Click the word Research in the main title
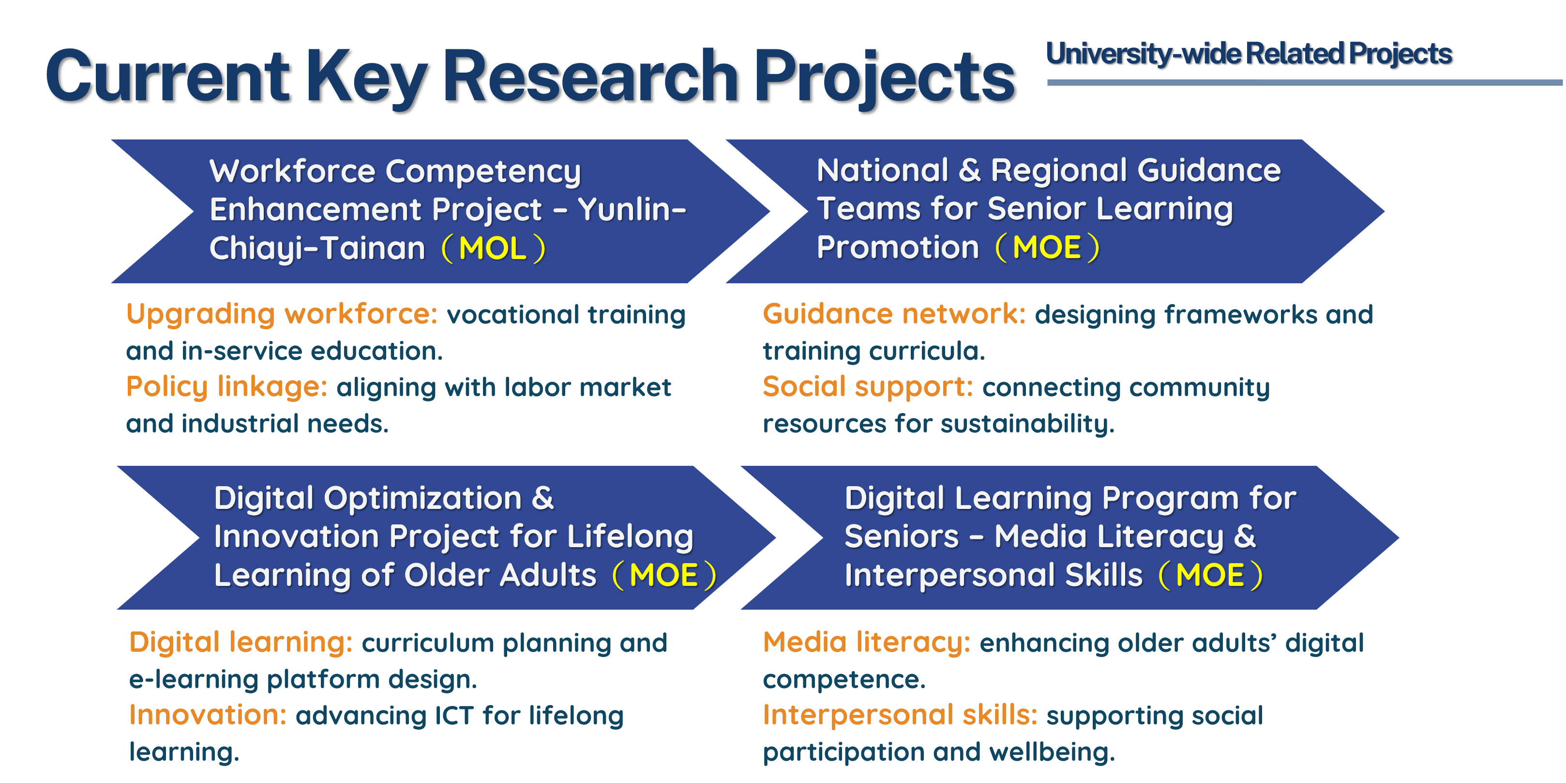[590, 77]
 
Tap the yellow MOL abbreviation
[493, 248]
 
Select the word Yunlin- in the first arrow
[632, 209]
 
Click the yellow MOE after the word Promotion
[1047, 247]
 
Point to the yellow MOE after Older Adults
[663, 575]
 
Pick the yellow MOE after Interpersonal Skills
[1210, 575]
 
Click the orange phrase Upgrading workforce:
[282, 314]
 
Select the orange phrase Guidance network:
[894, 314]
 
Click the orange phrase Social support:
[868, 387]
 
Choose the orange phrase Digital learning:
[241, 643]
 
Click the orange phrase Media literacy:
[867, 643]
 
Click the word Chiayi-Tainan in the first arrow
[317, 249]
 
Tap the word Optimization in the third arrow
[422, 499]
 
